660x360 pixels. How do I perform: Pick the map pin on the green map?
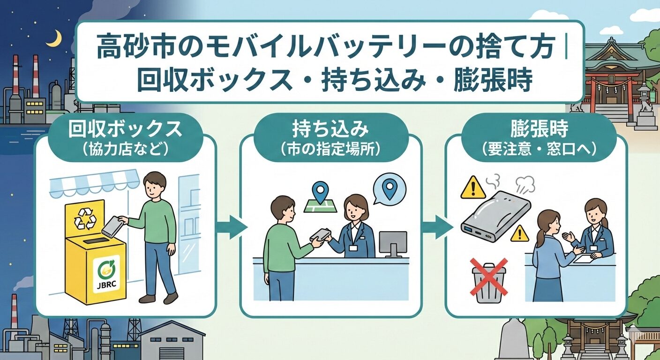click(x=320, y=193)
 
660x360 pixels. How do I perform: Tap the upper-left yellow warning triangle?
click(x=473, y=187)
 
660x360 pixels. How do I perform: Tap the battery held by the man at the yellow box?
click(x=112, y=227)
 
